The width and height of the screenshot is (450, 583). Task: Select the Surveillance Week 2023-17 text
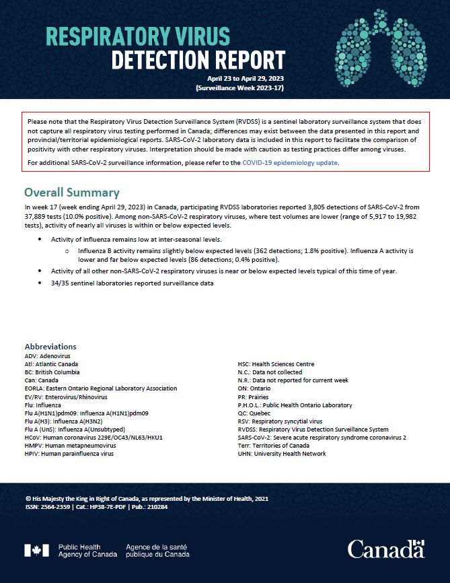[240, 88]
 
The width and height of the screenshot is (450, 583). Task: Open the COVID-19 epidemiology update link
[291, 162]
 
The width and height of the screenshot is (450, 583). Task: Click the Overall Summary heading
[72, 193]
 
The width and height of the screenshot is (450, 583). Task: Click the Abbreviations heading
[50, 346]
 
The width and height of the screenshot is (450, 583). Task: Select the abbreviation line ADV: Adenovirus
[47, 355]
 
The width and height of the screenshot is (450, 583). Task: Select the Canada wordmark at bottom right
[386, 549]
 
